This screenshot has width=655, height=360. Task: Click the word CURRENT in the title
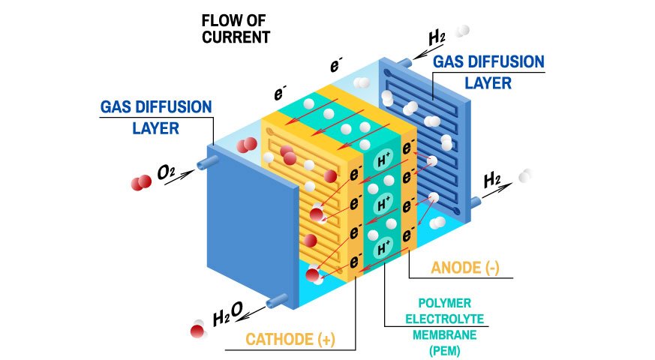click(236, 37)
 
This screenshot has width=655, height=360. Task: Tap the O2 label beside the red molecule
click(166, 175)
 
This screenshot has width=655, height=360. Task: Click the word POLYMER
click(445, 303)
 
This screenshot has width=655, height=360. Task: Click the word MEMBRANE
click(445, 334)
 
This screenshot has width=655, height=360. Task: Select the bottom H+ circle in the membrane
click(383, 247)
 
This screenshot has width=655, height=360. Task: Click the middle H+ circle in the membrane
click(383, 203)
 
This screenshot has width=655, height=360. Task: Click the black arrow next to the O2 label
click(187, 172)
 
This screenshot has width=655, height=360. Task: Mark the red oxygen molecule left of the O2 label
click(140, 183)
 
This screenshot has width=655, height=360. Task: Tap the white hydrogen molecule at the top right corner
click(463, 31)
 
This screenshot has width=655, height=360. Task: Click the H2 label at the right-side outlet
click(493, 180)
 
